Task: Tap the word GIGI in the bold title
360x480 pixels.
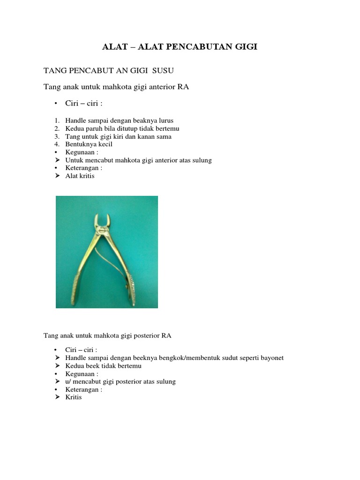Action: point(245,47)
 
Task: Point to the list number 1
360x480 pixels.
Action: point(56,120)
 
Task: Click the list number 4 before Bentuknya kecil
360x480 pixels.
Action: point(56,144)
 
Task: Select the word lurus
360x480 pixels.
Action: point(164,120)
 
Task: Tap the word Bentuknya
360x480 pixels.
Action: point(81,144)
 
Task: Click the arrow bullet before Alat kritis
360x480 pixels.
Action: point(57,176)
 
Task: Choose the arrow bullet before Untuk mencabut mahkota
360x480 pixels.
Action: point(57,160)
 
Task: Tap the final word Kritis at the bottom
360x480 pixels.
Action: point(74,397)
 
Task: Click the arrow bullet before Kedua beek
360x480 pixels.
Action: point(57,366)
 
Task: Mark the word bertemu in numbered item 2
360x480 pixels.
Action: point(168,128)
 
